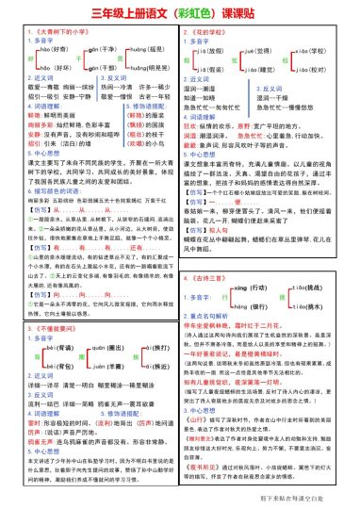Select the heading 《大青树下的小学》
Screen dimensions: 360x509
tap(47, 33)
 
